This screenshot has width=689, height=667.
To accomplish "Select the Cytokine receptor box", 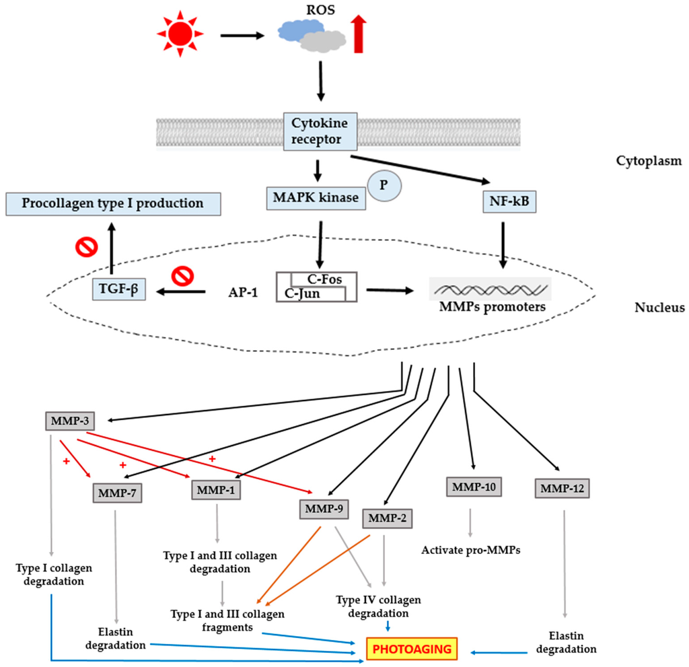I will pos(316,132).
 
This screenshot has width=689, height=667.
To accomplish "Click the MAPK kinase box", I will pos(316,198).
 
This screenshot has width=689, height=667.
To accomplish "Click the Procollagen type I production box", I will pos(114,203).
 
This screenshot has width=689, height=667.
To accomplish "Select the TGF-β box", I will pos(120,290).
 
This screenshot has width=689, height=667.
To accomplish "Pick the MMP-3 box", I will pos(69,422).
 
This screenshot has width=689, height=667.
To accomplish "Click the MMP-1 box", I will pos(216,490).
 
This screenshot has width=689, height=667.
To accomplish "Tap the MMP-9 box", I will pos(324,510).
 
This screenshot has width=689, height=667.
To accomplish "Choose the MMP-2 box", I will pos(388,518).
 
